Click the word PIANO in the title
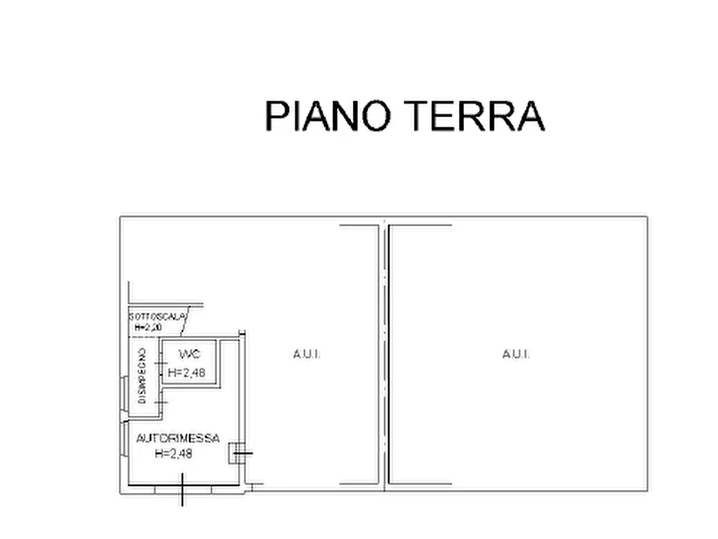328,116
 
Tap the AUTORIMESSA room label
178,438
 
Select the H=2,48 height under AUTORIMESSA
173,453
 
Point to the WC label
188,355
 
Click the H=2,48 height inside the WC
187,372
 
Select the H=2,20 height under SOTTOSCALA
147,327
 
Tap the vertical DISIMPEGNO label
142,374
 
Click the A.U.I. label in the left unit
306,354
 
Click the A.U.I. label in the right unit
515,354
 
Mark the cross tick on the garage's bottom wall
183,488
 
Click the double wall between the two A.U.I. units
383,354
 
